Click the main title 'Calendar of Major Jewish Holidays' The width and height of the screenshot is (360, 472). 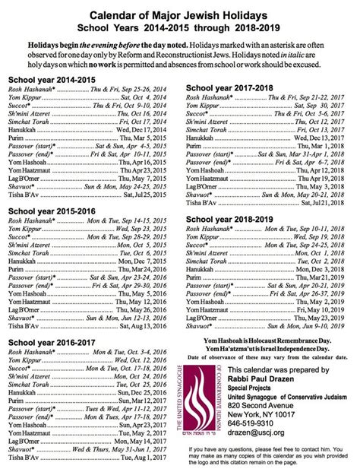tap(181, 14)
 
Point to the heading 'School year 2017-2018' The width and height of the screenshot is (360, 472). tap(230, 88)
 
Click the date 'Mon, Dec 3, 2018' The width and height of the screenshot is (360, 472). tap(318, 270)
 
